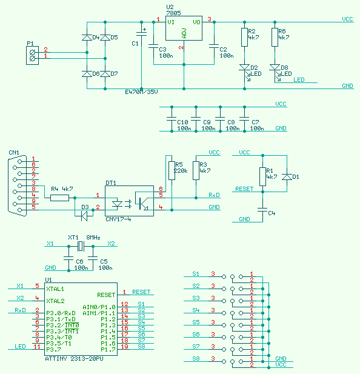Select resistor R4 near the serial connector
coord(59,198)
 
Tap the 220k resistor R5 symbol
coord(172,170)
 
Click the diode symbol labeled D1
coord(287,177)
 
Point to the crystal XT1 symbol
coord(81,246)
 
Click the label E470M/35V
coord(141,92)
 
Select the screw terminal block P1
coord(32,55)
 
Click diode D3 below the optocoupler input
coord(84,216)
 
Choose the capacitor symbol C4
coord(262,210)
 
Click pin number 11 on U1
coord(37,346)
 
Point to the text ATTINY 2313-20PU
coord(74,359)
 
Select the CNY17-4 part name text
coord(118,219)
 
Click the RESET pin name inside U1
coord(106,295)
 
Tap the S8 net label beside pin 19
coord(141,346)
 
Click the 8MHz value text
coord(93,238)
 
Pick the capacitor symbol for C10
coord(172,119)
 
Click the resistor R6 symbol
coord(275,37)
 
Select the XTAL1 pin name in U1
coord(55,289)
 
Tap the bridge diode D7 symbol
coord(105,74)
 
